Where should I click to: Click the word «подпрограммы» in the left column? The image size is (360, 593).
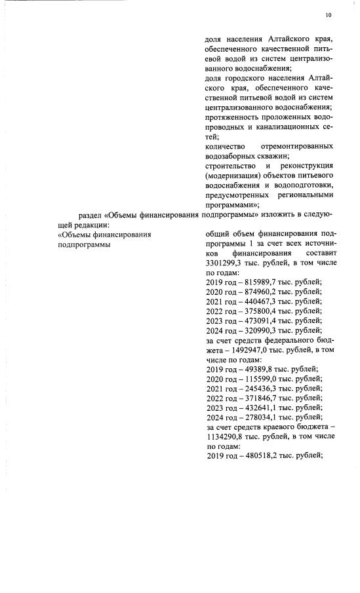point(84,244)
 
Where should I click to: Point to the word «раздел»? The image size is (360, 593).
point(90,214)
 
